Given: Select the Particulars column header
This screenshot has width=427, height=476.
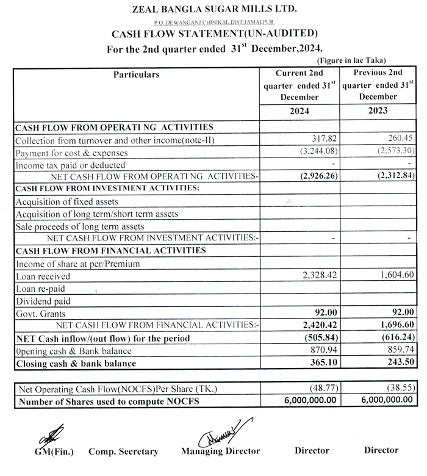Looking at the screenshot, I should [x=136, y=74].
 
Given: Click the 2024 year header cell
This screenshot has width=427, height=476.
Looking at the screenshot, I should [x=300, y=112].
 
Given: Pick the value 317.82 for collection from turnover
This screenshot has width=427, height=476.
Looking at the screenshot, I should [x=315, y=140].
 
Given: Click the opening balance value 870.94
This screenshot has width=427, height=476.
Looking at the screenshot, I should [x=315, y=351].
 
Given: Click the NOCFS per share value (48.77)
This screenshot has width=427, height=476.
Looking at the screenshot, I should [x=316, y=389].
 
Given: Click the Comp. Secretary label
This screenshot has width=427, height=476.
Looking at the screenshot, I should [x=123, y=452].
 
